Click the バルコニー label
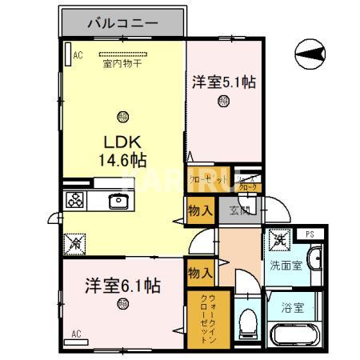[123, 22]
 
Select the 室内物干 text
[121, 65]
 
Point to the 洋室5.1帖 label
[224, 82]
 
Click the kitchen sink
[119, 201]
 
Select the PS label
[310, 234]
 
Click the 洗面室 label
[285, 266]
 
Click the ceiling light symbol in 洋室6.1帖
[122, 303]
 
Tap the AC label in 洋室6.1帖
[78, 333]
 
